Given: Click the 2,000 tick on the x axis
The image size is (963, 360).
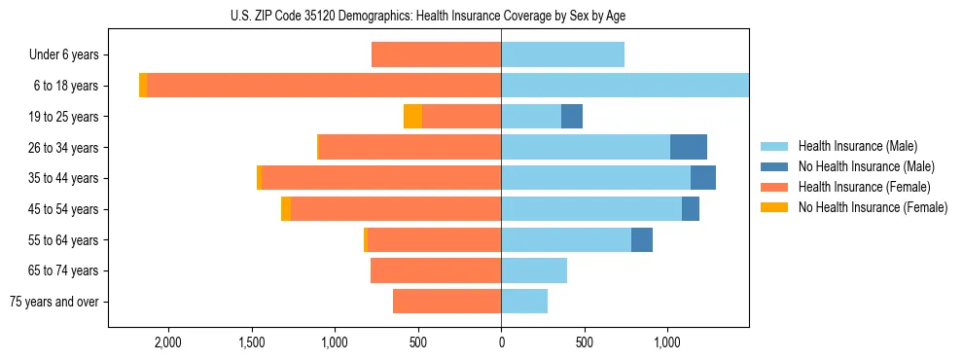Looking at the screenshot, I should point(168,342).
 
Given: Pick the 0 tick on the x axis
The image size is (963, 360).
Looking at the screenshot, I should point(501,342).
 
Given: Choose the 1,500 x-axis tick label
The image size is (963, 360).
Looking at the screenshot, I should point(252,342).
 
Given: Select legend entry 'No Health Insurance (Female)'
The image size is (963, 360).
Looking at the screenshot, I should point(873,207).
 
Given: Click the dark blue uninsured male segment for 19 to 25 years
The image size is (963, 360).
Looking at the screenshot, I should point(572,117).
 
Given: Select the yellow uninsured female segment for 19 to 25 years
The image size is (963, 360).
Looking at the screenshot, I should point(413,117).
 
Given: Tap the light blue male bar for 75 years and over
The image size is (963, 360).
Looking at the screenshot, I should point(524,302).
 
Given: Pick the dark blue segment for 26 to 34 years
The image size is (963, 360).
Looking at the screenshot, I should point(689,147).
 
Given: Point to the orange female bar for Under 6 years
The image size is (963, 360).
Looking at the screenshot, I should point(437,54).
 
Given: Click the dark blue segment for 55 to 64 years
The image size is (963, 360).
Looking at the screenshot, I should point(642,239).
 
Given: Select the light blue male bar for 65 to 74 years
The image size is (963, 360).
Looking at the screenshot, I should point(534,270).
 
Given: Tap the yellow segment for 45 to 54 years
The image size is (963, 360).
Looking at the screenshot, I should point(286,209).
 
